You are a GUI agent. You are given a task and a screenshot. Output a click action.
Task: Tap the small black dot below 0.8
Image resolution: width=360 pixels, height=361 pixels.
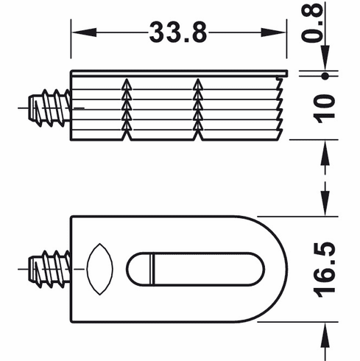pos(325,75)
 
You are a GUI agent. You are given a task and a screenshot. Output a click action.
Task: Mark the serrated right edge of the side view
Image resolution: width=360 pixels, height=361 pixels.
pos(282,108)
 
